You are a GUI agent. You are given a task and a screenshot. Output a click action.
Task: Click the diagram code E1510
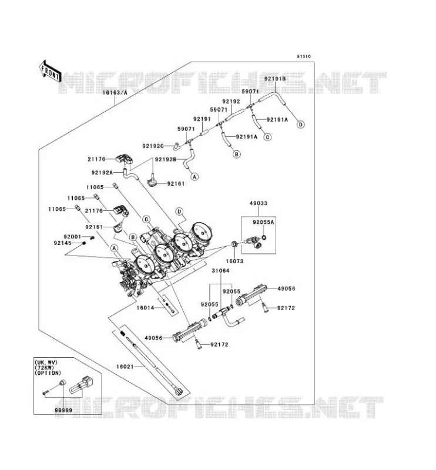click(304, 56)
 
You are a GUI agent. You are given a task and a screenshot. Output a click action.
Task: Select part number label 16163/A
click(115, 93)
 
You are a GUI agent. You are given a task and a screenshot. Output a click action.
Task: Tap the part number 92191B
click(275, 79)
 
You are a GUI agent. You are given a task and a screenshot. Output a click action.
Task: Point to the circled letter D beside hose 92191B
click(300, 124)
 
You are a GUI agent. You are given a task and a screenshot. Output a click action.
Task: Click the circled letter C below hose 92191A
click(267, 137)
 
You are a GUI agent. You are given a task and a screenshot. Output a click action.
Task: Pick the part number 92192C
click(153, 146)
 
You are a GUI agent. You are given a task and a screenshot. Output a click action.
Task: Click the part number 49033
click(258, 203)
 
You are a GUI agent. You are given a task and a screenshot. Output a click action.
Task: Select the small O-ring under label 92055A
click(264, 238)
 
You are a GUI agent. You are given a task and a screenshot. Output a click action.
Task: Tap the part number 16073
click(234, 261)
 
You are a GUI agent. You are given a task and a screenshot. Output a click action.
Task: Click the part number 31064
click(220, 271)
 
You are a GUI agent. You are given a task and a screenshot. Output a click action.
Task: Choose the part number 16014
click(145, 308)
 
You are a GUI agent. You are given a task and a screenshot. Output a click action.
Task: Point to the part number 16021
click(125, 367)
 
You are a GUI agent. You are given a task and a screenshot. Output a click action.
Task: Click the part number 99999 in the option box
click(63, 410)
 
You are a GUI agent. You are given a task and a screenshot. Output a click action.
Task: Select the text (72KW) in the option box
click(45, 368)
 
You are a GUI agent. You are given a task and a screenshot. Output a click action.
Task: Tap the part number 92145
click(63, 243)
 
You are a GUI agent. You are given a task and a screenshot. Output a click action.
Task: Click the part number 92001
click(72, 237)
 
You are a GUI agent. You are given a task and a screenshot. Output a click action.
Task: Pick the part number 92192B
click(166, 159)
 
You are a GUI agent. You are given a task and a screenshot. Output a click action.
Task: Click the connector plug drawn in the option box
click(82, 385)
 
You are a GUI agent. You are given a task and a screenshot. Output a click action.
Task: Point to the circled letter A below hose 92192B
click(194, 177)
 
